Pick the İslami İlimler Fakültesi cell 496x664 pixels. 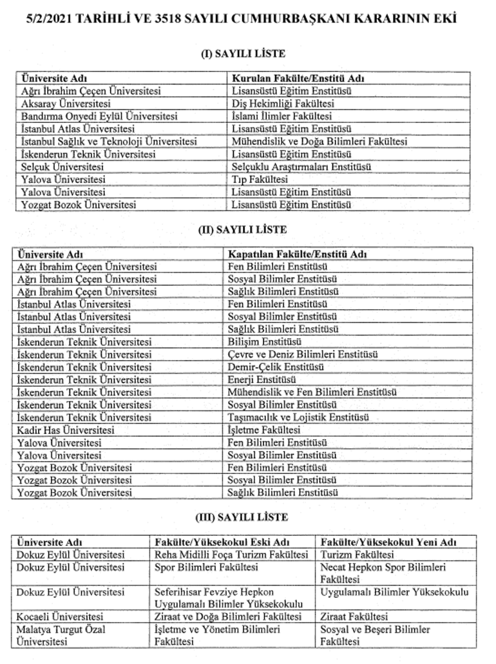point(281,117)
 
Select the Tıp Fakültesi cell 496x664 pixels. point(260,180)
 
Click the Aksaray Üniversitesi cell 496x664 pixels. point(66,104)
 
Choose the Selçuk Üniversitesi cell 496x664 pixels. point(63,167)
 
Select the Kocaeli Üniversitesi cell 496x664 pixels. point(60,617)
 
